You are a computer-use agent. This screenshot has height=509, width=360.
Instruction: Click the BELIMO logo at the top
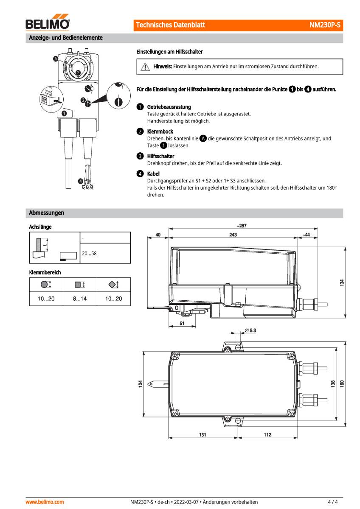click(x=48, y=24)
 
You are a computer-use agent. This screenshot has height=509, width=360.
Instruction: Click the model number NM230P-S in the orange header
click(x=325, y=25)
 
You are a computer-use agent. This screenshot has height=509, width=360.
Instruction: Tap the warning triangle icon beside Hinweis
click(x=145, y=67)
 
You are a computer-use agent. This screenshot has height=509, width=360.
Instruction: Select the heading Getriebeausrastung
click(x=169, y=107)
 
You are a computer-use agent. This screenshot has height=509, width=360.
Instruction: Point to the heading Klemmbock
click(x=160, y=131)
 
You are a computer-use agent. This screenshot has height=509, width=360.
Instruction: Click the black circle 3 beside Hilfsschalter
click(x=140, y=156)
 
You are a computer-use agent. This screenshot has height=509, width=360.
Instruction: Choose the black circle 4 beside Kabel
click(x=140, y=174)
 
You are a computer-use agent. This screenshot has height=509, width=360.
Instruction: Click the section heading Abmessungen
click(x=46, y=213)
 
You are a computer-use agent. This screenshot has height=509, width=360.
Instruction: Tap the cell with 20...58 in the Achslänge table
click(x=89, y=253)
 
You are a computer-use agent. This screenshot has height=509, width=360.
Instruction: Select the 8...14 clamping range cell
click(x=80, y=299)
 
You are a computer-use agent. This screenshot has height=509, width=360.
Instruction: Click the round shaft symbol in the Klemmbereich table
click(x=46, y=285)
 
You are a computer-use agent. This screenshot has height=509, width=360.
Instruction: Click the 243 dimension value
click(x=233, y=235)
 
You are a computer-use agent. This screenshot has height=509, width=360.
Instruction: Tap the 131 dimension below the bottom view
click(x=203, y=435)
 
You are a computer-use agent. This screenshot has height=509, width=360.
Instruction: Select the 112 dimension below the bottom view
click(x=267, y=435)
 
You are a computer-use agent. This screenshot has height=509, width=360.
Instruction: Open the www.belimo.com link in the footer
click(x=45, y=502)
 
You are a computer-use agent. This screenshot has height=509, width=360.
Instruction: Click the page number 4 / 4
click(x=333, y=502)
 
